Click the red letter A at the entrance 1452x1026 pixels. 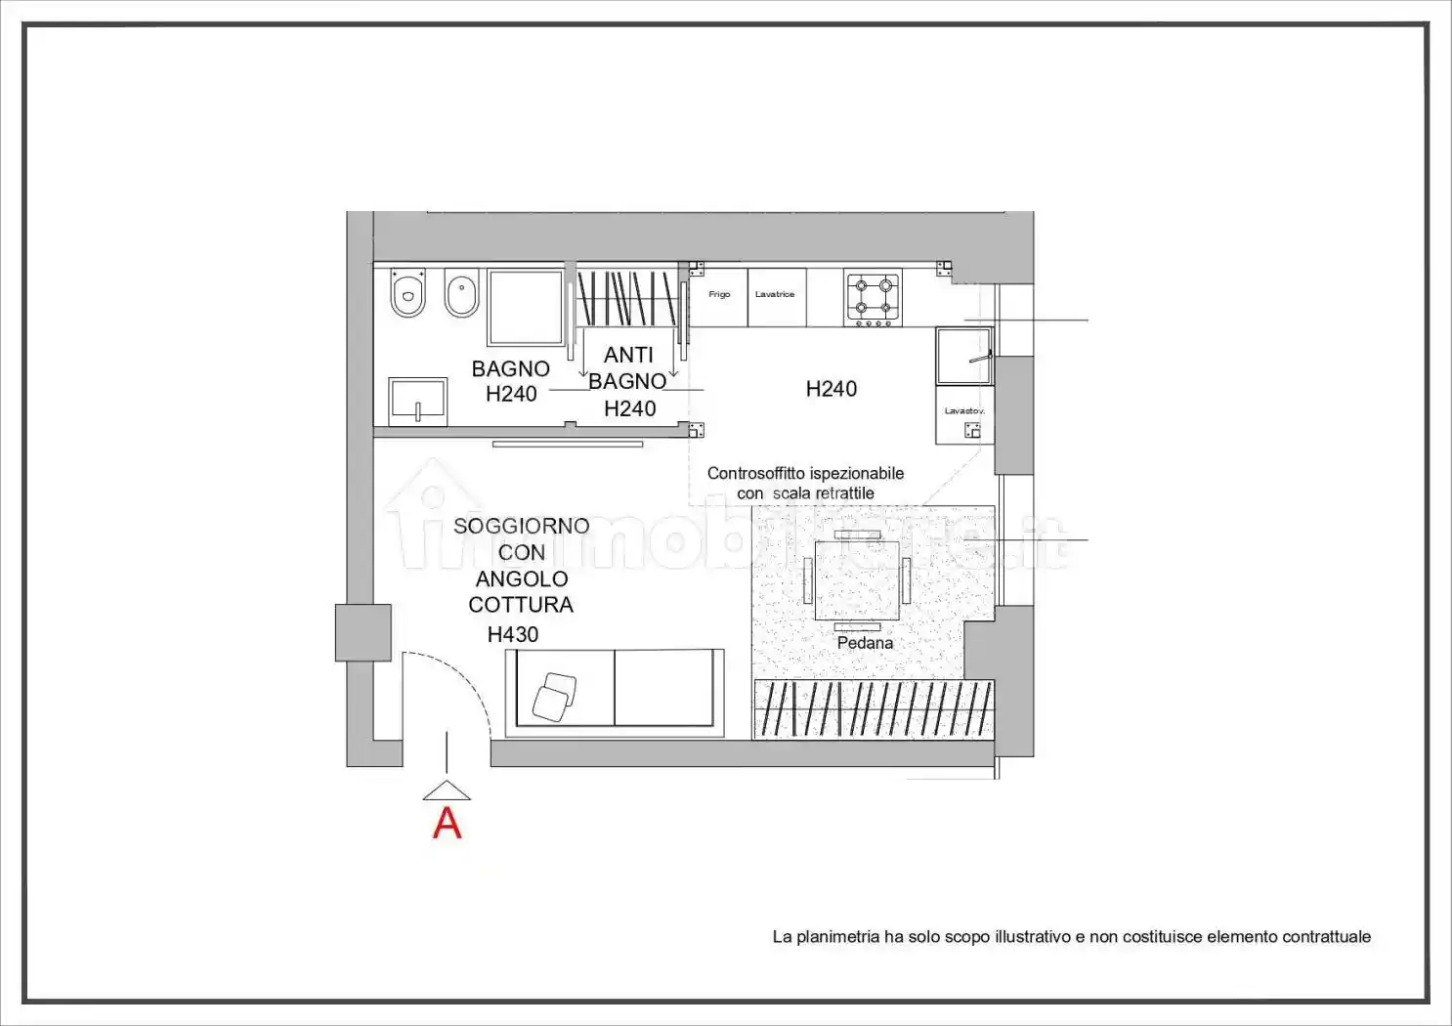pos(448,824)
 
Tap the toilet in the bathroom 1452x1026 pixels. pos(407,293)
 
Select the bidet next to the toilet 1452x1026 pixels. pos(461,293)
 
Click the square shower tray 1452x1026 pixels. pos(526,307)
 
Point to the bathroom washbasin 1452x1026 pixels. pos(417,401)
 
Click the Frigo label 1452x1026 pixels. pos(719,294)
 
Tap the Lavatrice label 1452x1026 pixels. pos(775,294)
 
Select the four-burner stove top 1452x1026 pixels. pos(874,298)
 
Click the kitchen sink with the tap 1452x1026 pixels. pos(964,356)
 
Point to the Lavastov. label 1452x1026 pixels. pos(964,411)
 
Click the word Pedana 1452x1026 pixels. pos(865,643)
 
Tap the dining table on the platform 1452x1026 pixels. pos(857,580)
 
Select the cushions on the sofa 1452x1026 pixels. pos(554,698)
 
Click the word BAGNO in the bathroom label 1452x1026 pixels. pos(511,368)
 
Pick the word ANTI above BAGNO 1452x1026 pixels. pos(628,355)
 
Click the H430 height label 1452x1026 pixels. pos(513,634)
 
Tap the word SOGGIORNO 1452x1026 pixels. pos(521,526)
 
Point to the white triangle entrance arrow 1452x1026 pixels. pos(447,791)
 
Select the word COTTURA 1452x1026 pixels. pos(521,605)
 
